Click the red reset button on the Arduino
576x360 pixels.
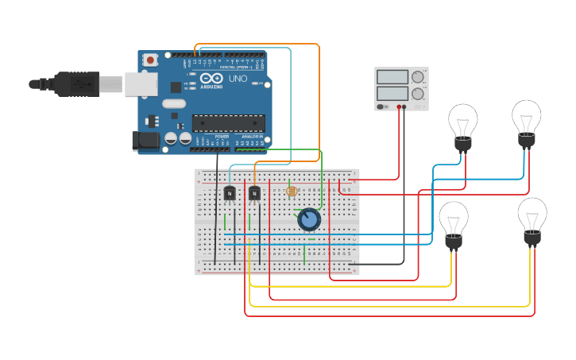pos(150,60)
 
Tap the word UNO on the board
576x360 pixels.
pos(238,79)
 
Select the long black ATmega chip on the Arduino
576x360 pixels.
pos(228,123)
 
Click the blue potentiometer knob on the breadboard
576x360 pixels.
pos(309,219)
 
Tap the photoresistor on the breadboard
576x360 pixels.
pos(291,192)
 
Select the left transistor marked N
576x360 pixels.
pos(230,193)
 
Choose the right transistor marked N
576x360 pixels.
pos(254,193)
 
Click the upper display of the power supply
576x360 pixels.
pos(392,77)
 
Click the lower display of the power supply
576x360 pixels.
pos(392,93)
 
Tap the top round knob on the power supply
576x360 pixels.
pos(418,77)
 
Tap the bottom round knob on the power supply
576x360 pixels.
pos(418,93)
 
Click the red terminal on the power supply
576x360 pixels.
pos(399,106)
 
